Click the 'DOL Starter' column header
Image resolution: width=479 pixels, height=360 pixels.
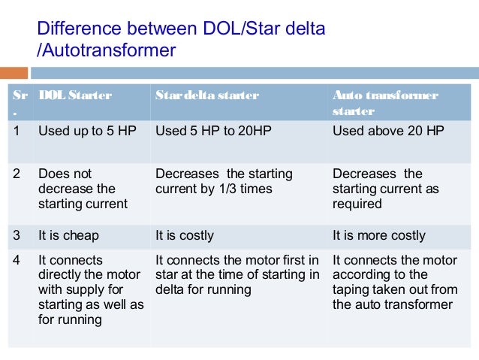coord(75,95)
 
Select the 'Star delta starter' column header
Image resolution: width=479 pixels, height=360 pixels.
coord(206,95)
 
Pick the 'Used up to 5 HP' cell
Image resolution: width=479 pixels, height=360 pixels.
coord(83,130)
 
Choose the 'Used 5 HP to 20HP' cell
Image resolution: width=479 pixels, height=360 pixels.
coord(213,130)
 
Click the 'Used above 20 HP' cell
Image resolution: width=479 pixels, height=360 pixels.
coord(388,130)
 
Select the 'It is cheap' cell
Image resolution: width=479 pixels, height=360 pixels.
coord(68,235)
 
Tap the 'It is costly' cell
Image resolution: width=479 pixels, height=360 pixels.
coord(184,235)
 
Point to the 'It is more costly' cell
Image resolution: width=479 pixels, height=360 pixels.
coord(378,235)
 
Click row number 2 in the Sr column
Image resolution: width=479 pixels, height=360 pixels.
coord(17,174)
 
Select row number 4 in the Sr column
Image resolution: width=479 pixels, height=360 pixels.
coord(17,260)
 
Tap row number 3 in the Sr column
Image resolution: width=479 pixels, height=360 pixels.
coord(17,235)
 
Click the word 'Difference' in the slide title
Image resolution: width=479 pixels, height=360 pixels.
coord(76,30)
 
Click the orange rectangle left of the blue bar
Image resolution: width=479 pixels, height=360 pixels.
coord(14,73)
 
